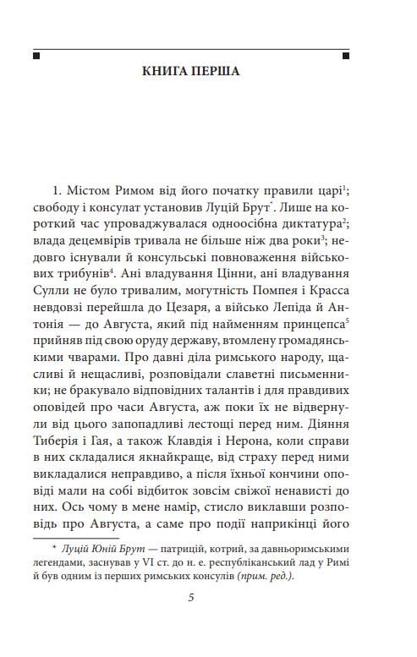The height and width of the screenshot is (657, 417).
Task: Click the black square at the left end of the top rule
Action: coord(36,57)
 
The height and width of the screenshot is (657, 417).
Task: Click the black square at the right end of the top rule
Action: coord(346,57)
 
